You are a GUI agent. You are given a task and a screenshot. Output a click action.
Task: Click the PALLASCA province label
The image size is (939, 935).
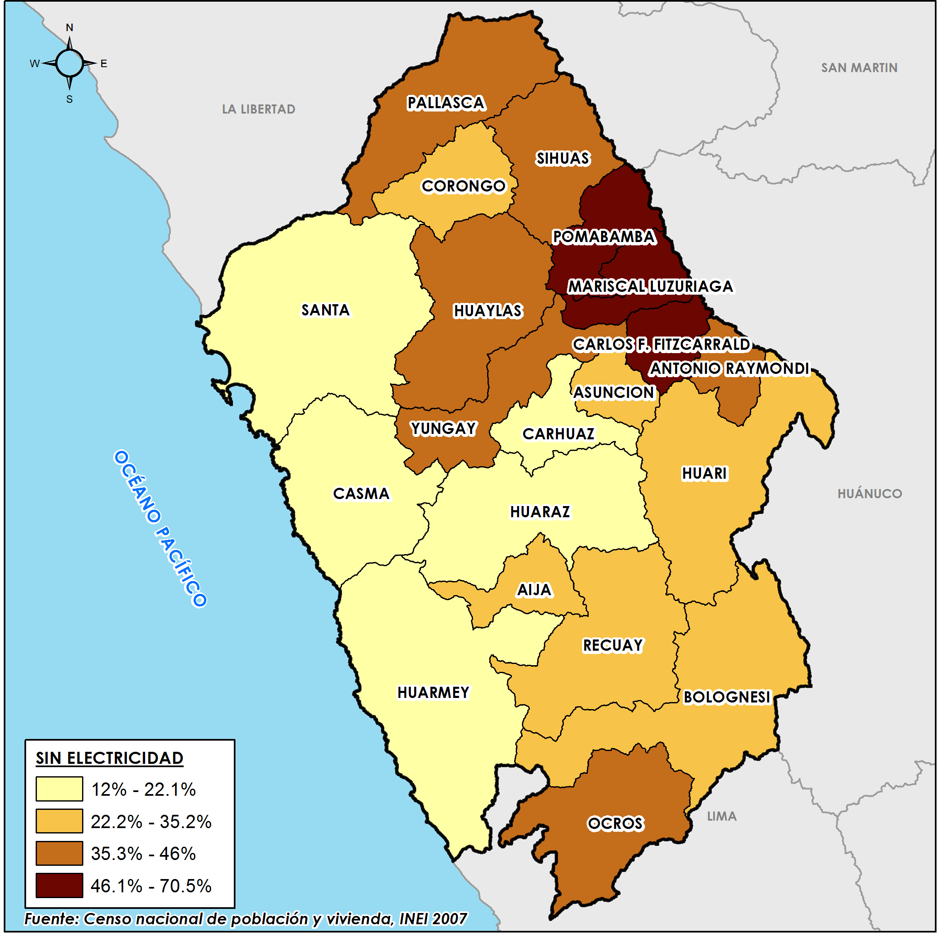(x=446, y=103)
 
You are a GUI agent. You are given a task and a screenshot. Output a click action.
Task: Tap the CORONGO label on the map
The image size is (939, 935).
(x=463, y=186)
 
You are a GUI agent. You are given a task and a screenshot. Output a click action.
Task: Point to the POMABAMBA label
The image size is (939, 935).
(x=604, y=237)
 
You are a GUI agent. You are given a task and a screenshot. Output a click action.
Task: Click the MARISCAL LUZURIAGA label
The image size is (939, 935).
(x=650, y=286)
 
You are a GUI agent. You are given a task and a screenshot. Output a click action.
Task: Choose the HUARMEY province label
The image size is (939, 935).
(x=433, y=693)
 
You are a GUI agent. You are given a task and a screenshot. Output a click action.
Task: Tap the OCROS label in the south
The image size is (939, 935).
(x=615, y=824)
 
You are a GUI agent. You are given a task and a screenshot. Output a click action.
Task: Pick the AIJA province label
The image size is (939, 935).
(x=534, y=590)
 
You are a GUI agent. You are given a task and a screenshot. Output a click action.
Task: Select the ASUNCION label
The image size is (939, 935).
(x=614, y=392)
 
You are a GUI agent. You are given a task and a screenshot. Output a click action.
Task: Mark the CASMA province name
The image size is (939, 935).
(x=361, y=494)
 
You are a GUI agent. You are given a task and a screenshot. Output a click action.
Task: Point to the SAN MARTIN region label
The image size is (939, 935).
(x=859, y=68)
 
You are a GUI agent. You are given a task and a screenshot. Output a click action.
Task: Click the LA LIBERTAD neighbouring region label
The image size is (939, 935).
(x=259, y=109)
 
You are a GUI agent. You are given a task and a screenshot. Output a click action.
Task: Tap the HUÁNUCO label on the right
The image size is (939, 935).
(x=869, y=494)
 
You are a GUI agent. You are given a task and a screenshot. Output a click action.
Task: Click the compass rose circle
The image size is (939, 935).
(x=70, y=63)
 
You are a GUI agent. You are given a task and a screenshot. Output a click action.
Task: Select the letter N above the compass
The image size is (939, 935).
(x=70, y=28)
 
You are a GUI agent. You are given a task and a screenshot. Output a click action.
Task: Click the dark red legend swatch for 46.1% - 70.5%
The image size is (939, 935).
(x=59, y=885)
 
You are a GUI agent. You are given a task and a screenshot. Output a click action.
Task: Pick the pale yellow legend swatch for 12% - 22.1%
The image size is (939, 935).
(x=59, y=789)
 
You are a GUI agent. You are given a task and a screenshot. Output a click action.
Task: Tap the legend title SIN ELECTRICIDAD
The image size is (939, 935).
(x=109, y=758)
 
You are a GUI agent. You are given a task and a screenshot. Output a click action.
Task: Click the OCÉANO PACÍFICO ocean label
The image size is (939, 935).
(x=160, y=528)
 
